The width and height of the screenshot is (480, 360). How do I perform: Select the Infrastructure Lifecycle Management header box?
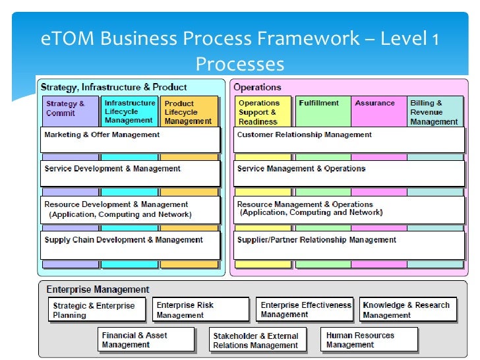130,111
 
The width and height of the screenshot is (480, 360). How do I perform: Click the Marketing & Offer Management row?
130,140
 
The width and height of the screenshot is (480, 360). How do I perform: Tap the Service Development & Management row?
130,173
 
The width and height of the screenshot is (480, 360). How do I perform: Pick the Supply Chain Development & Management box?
130,245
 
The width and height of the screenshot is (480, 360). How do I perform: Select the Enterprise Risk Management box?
202,310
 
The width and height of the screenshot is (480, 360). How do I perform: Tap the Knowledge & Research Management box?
408,310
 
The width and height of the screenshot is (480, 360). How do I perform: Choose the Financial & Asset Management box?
146,340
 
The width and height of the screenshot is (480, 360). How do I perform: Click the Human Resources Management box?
370,340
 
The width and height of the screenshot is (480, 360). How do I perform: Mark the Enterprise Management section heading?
98,289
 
